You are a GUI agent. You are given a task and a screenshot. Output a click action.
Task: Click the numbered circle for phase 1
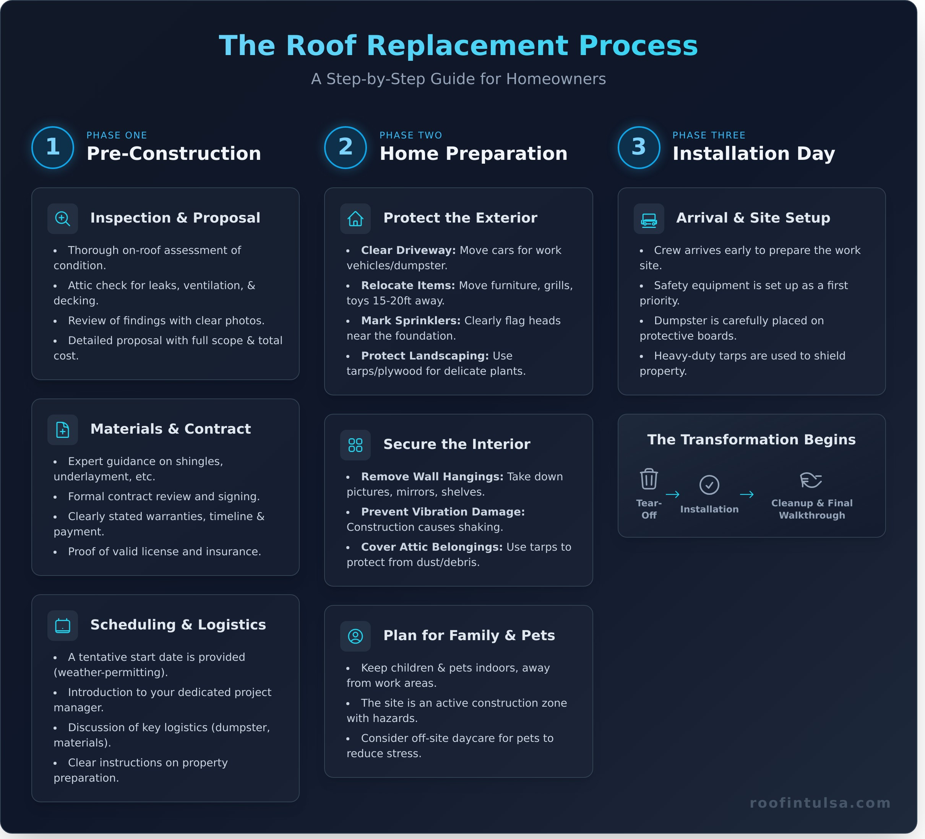[53, 147]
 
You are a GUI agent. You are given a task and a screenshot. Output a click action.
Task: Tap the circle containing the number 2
[346, 147]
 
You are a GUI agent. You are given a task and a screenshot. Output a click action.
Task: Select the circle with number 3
[639, 147]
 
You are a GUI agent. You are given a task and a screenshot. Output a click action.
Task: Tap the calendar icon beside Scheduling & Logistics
[62, 626]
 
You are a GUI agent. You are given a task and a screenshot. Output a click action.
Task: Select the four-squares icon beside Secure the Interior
[355, 445]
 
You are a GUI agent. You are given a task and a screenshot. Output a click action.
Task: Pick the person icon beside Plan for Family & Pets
[355, 636]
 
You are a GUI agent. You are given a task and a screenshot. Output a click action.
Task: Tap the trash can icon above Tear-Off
[649, 479]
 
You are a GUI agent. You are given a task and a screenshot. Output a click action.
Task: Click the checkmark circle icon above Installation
[709, 485]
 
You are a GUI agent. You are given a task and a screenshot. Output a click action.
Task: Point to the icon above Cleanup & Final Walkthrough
[811, 480]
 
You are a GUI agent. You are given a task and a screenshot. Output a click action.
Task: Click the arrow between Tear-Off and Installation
[673, 494]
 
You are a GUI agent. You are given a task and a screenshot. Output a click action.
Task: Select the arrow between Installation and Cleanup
[746, 494]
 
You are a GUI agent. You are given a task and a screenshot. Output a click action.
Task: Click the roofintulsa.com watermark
[820, 803]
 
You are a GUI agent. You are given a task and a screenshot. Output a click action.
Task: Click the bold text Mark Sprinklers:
[411, 320]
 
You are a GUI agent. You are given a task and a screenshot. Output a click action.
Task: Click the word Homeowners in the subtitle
[556, 79]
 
